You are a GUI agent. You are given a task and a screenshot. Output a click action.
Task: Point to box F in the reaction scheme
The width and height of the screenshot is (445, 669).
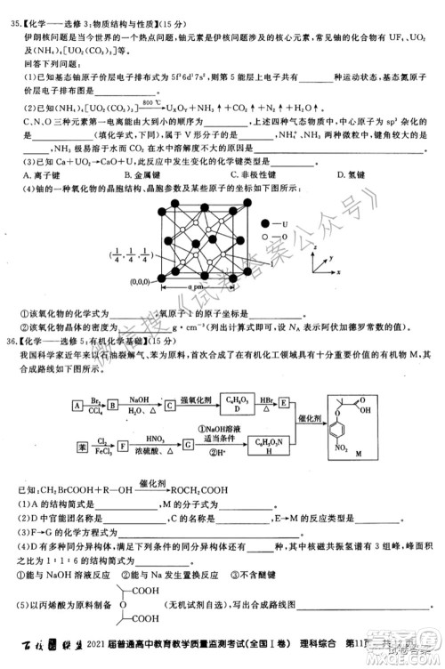point(134,442)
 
